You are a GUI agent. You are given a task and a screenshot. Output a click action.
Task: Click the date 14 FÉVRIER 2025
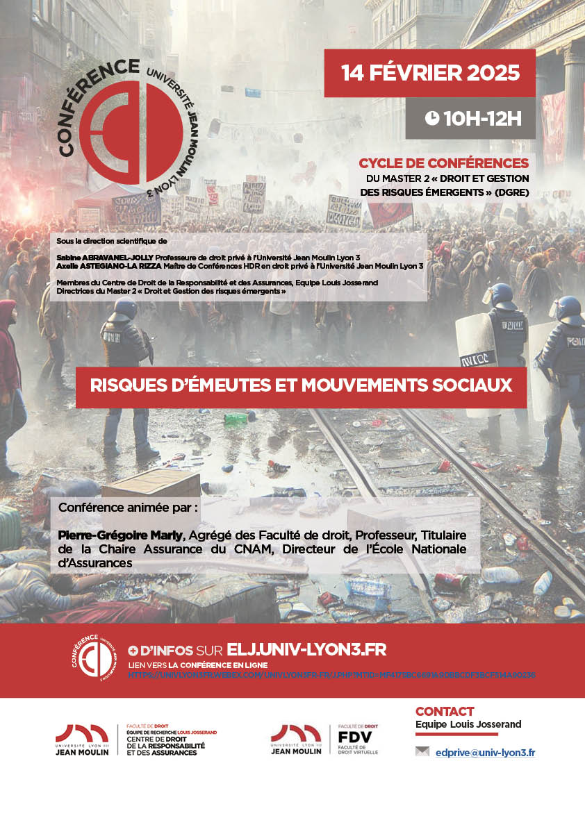tap(430, 73)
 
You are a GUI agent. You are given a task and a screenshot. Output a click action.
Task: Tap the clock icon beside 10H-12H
tap(431, 118)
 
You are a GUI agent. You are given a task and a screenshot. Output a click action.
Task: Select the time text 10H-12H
tap(481, 118)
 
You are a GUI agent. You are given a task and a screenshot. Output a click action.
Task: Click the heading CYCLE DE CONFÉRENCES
tap(443, 163)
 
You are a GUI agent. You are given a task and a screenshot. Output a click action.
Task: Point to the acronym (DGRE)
tap(510, 192)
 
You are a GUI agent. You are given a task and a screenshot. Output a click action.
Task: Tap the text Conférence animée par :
tap(128, 508)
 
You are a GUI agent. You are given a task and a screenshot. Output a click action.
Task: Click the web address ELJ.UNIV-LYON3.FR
tap(306, 650)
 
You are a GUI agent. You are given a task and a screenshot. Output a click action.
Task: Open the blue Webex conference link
tap(331, 674)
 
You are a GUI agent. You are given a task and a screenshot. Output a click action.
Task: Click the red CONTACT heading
tap(445, 711)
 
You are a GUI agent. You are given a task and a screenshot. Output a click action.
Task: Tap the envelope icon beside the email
tap(422, 751)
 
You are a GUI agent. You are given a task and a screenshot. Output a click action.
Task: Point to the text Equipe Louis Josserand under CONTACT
tap(468, 725)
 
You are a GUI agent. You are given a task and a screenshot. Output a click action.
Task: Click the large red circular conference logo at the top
tap(142, 129)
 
